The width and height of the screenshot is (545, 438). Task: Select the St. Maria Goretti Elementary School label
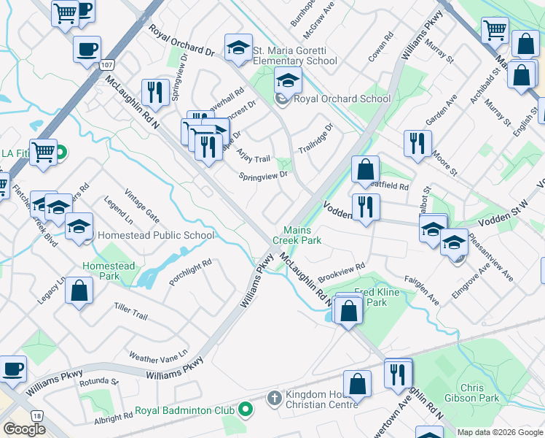click(x=295, y=55)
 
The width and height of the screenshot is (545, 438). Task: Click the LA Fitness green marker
click(x=61, y=153)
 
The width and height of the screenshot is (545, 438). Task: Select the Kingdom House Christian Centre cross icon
click(x=275, y=398)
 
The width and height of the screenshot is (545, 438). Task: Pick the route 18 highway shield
click(x=37, y=415)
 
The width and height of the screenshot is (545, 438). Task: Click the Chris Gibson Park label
click(x=479, y=393)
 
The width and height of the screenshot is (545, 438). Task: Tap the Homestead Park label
click(x=109, y=271)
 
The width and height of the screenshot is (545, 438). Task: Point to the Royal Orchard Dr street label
click(x=181, y=42)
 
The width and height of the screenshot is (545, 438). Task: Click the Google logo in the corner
click(x=24, y=429)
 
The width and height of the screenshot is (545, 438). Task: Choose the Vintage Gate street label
click(x=141, y=205)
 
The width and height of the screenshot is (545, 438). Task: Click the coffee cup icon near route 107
click(x=87, y=49)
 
